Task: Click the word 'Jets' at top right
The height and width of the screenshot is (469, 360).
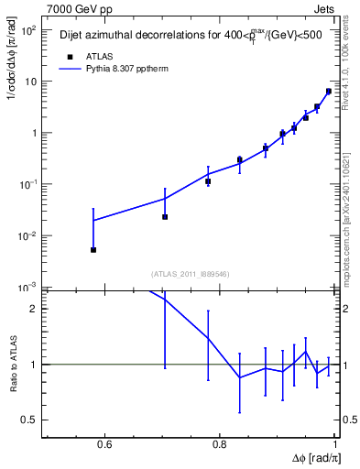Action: click(x=322, y=9)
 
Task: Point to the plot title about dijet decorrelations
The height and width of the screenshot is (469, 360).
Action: click(x=187, y=35)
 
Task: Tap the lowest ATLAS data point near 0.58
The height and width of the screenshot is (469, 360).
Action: click(x=93, y=249)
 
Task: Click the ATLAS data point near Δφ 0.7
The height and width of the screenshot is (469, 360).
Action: click(x=165, y=217)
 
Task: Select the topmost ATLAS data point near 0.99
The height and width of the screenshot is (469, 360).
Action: click(x=329, y=91)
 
